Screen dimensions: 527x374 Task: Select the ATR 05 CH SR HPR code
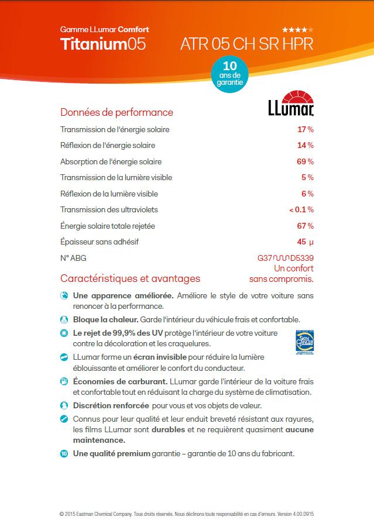click(x=247, y=44)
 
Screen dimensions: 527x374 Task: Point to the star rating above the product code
click(x=298, y=29)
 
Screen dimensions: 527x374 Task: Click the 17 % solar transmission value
click(x=306, y=129)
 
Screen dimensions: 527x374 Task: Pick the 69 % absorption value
click(x=306, y=161)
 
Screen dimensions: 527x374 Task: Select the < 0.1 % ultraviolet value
click(x=301, y=209)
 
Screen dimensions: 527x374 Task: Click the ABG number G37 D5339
click(x=285, y=258)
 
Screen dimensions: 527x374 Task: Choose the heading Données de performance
click(x=116, y=112)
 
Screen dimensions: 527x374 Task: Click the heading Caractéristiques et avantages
click(x=130, y=279)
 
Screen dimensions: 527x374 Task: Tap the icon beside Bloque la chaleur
click(x=64, y=320)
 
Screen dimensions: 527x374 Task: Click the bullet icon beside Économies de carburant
click(x=64, y=381)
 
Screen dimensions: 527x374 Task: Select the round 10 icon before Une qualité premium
click(x=64, y=453)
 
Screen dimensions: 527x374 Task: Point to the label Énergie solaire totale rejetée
click(x=107, y=226)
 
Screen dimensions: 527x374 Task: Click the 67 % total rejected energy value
click(x=306, y=226)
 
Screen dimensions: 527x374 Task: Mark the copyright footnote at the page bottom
click(x=187, y=514)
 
